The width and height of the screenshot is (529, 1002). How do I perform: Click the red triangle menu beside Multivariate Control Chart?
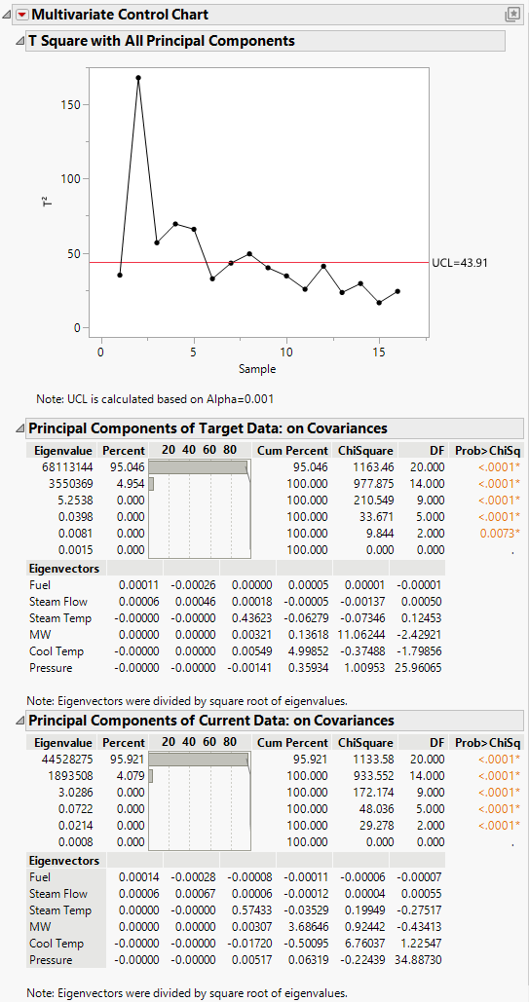click(22, 15)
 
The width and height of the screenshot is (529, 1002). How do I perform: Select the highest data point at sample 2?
click(138, 77)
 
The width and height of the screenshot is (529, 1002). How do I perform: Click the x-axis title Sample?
click(258, 369)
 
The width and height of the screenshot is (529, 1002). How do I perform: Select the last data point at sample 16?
click(397, 291)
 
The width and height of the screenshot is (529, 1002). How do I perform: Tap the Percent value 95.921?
click(124, 760)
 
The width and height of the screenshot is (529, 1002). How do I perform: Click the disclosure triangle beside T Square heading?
click(19, 41)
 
